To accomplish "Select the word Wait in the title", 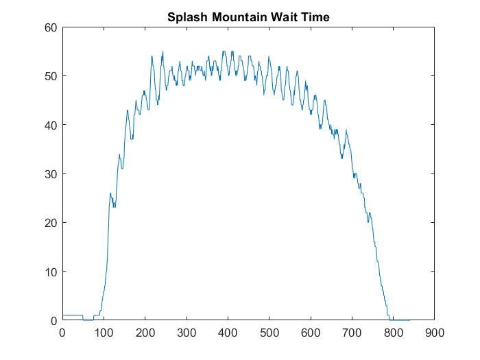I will click(x=282, y=17).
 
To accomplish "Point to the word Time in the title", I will click(x=315, y=17).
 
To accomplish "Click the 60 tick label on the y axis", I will click(x=50, y=27).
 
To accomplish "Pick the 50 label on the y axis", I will click(x=50, y=76).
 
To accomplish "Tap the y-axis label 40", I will click(x=50, y=125).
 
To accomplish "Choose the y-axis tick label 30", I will click(x=50, y=174).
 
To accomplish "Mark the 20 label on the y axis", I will click(x=50, y=223).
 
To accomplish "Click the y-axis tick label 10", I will click(x=50, y=272).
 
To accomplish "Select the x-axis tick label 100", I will click(x=104, y=333).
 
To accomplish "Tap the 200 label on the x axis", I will click(x=145, y=333).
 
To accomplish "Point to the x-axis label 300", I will click(x=187, y=333).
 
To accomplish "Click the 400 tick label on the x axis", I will click(x=228, y=333).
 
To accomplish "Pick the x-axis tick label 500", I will click(x=269, y=333).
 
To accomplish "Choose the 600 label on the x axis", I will click(x=311, y=333).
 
